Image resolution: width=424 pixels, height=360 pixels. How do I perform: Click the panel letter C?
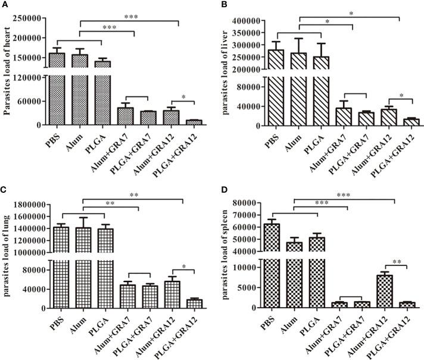(x=5, y=188)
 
